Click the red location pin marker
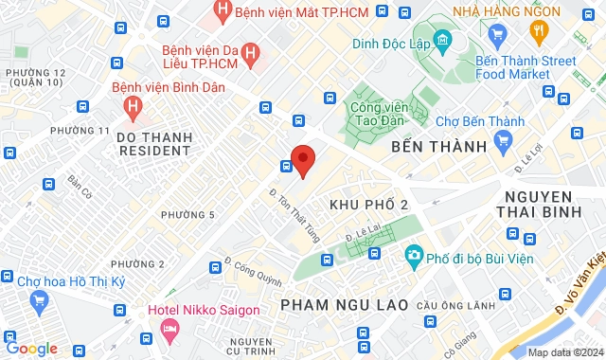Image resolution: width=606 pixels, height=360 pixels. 302,160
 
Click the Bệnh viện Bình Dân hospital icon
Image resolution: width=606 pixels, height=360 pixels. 132,106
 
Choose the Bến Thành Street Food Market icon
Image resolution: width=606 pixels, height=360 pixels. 498,34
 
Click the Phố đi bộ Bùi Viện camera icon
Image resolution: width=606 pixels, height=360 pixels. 413,256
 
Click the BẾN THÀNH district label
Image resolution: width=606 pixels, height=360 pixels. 437,147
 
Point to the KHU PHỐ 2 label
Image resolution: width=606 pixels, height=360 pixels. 368,205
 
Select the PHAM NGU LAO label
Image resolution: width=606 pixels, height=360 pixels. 345,304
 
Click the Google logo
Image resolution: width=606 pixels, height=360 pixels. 31,348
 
